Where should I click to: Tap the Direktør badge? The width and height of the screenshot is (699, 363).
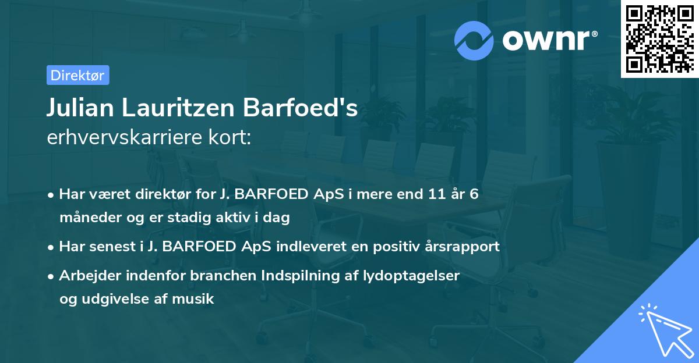point(77,75)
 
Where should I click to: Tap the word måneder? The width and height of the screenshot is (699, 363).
point(84,218)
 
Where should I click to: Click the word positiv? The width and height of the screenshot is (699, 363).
point(377,247)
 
